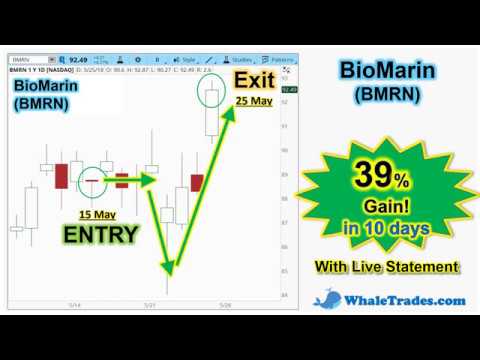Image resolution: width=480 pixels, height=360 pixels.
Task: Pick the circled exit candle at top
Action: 211,95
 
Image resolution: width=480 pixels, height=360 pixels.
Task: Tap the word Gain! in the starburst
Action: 387,208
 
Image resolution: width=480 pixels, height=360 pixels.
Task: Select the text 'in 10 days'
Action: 385,229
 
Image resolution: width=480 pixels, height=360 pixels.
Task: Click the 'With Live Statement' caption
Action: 386,267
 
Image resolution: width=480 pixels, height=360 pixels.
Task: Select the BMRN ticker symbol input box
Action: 31,59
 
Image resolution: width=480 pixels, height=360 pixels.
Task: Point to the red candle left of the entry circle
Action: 62,175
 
